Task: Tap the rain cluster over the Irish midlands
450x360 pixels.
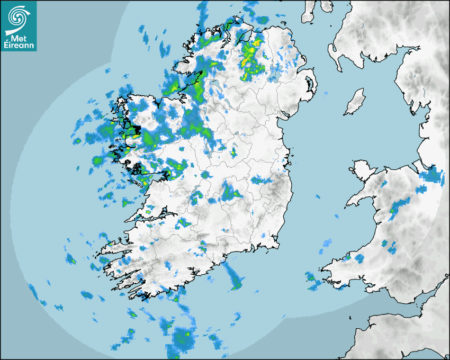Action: [230, 192]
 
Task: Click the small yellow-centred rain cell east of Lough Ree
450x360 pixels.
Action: [233, 153]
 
